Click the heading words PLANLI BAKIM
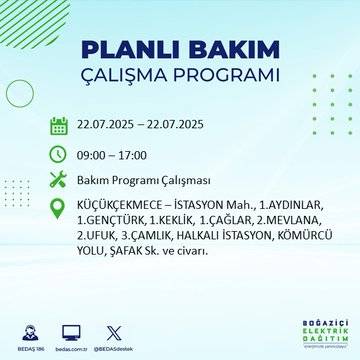pyautogui.click(x=179, y=51)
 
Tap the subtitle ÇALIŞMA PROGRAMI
pyautogui.click(x=179, y=76)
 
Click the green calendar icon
pyautogui.click(x=58, y=126)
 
